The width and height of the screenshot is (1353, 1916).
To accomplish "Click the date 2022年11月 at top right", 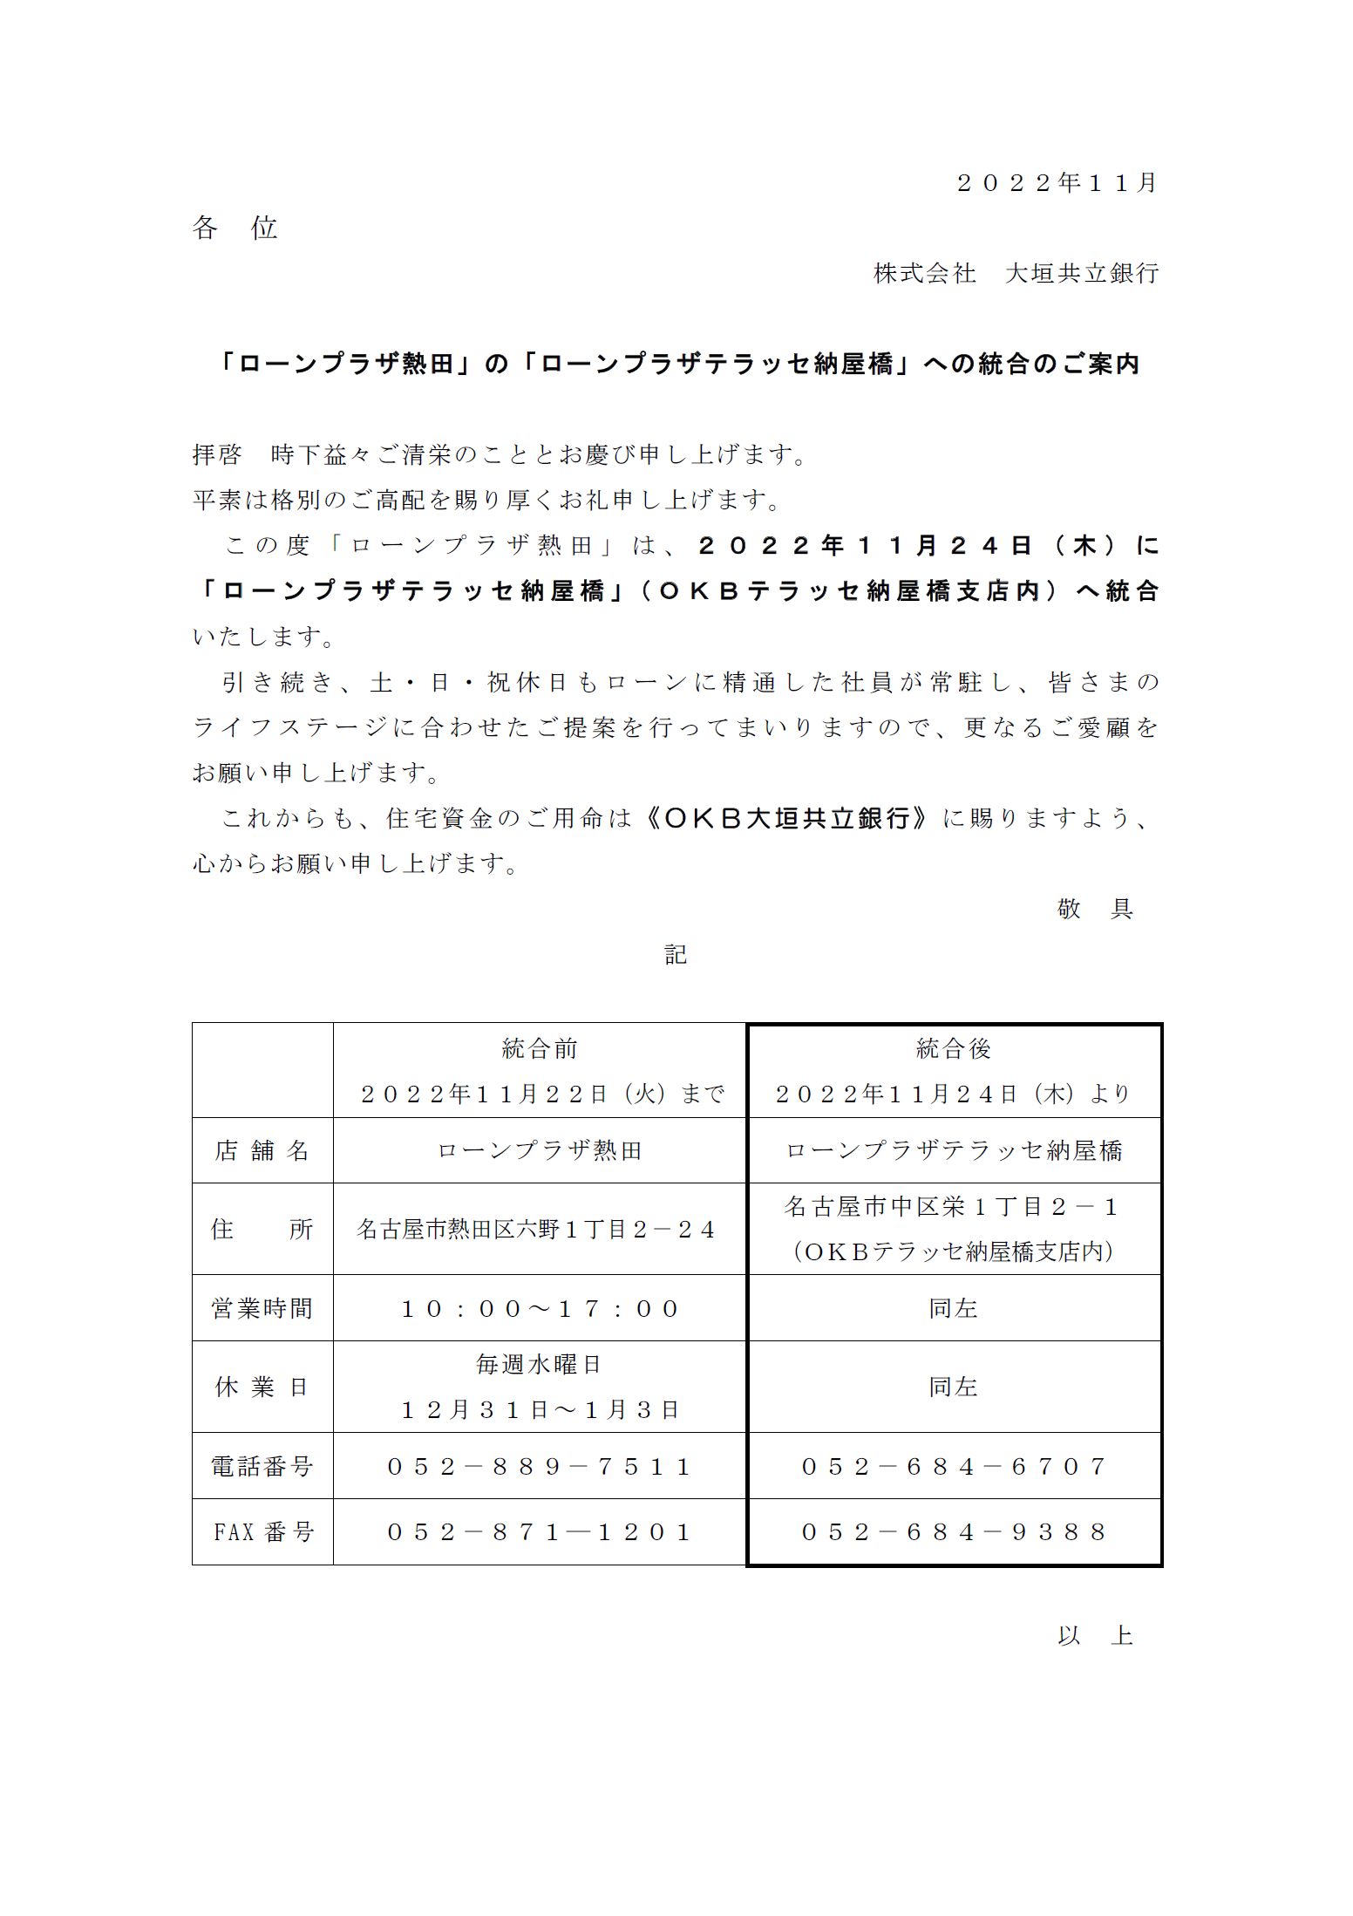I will pos(1057,183).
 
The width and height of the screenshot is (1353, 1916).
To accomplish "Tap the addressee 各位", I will pos(235,228).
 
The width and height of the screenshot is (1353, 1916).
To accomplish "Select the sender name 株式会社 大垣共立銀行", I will pos(1016,274).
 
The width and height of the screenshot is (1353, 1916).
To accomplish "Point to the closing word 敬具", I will pos(1095,910).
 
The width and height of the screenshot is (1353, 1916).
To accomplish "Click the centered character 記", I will pos(676,955).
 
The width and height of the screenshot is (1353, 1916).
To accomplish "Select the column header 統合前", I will pos(540,1049).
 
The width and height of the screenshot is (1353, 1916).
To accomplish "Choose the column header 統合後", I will pos(954,1049).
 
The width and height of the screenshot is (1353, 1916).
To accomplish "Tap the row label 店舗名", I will pos(262,1151).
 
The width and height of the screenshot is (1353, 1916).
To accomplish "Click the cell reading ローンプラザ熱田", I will pos(540,1151).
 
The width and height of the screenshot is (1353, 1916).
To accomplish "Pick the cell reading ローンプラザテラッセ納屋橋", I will pos(954,1151).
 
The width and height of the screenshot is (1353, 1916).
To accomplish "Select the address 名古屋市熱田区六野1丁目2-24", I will pos(536,1230).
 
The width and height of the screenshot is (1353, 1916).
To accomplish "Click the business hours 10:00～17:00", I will pos(540,1309).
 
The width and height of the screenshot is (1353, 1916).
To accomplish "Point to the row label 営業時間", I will pos(262,1309).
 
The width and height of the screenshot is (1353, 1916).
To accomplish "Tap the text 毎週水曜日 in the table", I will pos(540,1365).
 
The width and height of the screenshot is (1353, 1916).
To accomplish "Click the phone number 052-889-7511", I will pos(540,1467).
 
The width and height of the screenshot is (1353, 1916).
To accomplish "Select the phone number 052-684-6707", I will pos(954,1467).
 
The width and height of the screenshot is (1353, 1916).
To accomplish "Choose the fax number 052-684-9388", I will pos(954,1532).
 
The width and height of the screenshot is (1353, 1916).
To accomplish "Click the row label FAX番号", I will pos(262,1532).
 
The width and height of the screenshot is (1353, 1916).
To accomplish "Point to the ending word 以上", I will pos(1095,1636).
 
